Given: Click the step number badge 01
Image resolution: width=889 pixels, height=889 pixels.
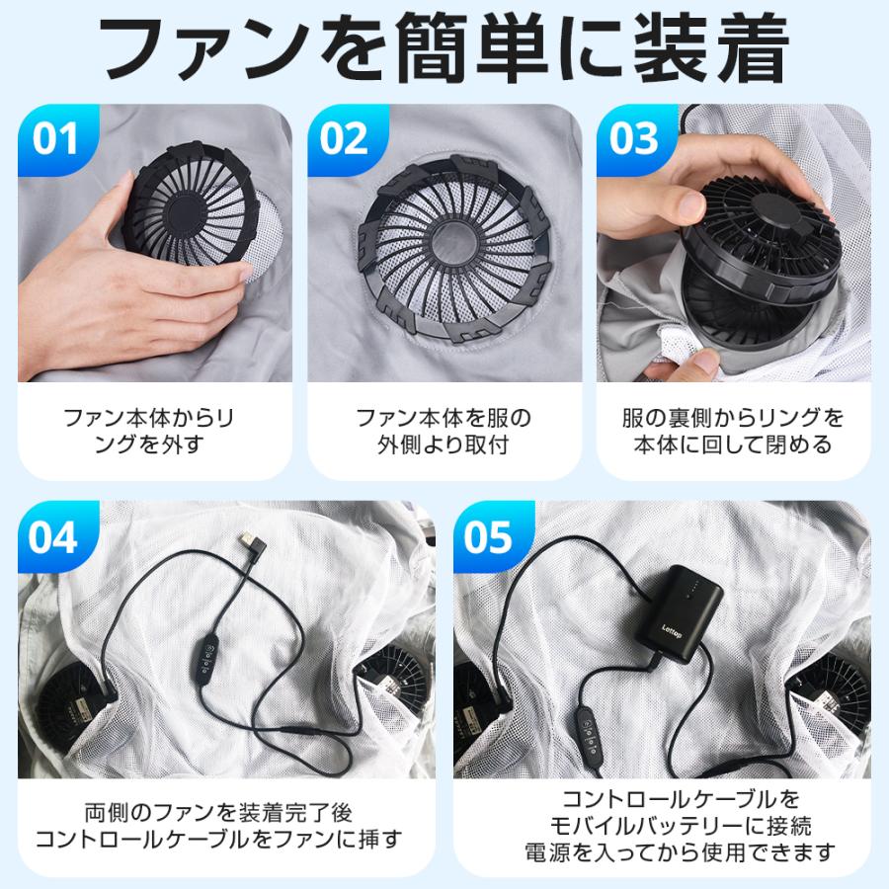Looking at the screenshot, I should (x=55, y=138).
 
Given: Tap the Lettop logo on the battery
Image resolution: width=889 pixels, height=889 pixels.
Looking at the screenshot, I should (x=665, y=622).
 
